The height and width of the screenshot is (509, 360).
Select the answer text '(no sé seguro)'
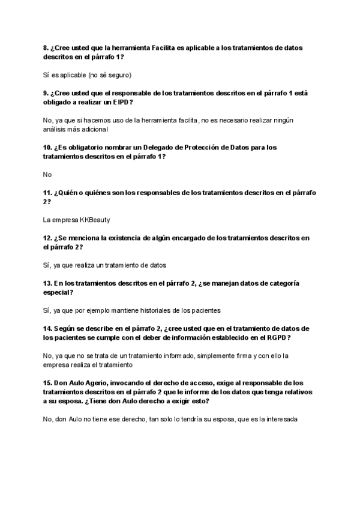click(110, 75)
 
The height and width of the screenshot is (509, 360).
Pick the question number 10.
click(48, 147)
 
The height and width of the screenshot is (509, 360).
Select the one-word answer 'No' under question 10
click(48, 175)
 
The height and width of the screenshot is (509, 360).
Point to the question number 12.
click(48, 238)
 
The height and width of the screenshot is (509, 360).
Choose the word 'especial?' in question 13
click(58, 292)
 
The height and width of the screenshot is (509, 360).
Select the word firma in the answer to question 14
click(235, 356)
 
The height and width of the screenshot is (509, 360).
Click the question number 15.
click(48, 383)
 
